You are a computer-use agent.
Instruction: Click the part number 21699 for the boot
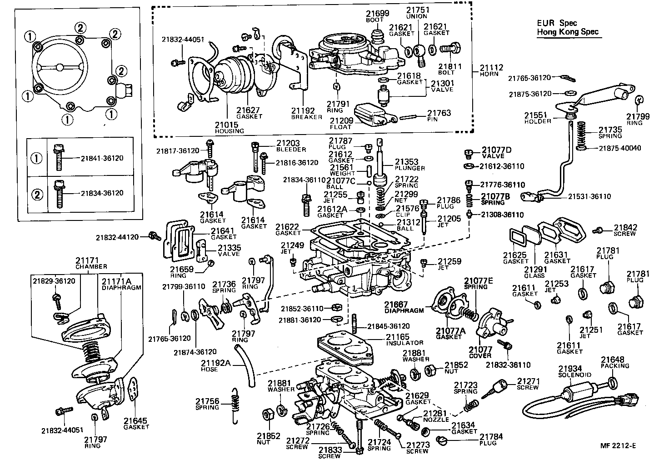coord(378,13)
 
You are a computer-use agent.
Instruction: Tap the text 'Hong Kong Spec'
coord(568,32)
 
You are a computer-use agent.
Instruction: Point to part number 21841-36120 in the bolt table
coord(102,158)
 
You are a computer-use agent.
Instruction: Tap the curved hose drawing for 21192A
coord(245,366)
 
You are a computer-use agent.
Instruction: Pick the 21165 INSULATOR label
coord(404,340)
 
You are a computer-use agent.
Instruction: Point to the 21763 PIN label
coord(439,116)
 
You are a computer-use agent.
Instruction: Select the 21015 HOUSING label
coord(230,127)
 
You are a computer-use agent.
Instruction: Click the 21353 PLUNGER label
coord(409,165)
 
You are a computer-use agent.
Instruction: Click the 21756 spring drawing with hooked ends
coord(235,405)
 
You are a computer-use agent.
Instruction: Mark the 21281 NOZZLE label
coord(436,416)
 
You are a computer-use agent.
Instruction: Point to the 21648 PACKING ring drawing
coord(612,381)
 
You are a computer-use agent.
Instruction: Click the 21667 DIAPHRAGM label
coord(404,308)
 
